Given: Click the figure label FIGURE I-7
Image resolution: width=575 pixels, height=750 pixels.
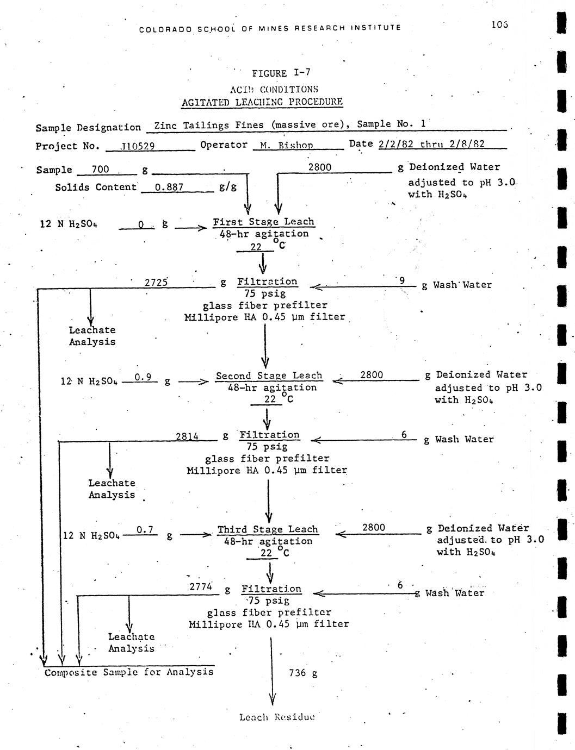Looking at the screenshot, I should [281, 73].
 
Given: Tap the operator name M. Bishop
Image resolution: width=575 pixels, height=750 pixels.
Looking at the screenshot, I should [290, 145].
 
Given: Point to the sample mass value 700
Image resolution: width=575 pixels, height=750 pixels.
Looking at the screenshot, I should [100, 170].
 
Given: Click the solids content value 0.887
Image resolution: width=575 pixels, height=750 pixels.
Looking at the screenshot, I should [169, 187].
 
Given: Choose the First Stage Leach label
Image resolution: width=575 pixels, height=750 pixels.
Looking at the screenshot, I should [263, 222].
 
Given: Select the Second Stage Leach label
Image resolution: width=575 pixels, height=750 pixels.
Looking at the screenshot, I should [269, 376].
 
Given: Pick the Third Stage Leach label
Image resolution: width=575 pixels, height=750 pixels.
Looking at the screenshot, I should [268, 529].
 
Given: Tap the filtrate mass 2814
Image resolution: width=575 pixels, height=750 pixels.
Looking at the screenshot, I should [187, 436].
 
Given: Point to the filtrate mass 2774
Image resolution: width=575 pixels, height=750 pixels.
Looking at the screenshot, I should [200, 587].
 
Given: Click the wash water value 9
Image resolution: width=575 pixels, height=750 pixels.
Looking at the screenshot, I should [402, 280].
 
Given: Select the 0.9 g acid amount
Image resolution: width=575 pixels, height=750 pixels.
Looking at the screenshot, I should [143, 377].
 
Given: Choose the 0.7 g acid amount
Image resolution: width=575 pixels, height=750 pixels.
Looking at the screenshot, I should [145, 529].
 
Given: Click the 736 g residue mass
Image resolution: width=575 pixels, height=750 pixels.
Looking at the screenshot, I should [304, 673].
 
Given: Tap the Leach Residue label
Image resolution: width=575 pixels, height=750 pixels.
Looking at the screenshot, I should [277, 717].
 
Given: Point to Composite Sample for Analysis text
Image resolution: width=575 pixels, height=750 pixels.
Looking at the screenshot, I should [129, 672].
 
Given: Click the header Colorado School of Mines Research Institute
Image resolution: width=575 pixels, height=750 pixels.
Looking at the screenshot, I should [270, 27].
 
